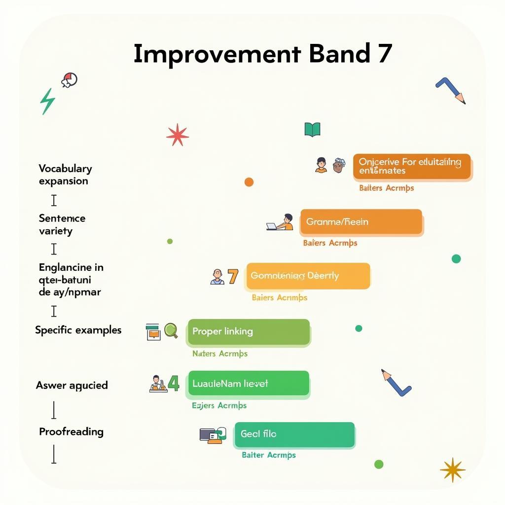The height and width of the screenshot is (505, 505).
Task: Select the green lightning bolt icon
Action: coord(47,102)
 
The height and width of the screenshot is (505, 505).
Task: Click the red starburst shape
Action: coord(178,135)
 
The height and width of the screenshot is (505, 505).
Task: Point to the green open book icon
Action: coord(312,130)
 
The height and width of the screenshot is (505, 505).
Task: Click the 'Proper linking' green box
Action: coord(249,332)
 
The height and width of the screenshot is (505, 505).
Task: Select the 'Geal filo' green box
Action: coord(294,434)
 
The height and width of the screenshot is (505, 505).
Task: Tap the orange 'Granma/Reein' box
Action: coord(361,222)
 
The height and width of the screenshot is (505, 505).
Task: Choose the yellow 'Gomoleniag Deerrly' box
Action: coord(308,276)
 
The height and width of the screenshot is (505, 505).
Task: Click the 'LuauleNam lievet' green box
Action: coord(249,384)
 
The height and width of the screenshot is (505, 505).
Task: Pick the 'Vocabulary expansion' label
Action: coord(65,175)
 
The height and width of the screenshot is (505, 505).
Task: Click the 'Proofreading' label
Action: coord(71,432)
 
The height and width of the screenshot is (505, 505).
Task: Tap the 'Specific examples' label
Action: coord(78,330)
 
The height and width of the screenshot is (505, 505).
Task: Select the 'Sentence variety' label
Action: coord(62,224)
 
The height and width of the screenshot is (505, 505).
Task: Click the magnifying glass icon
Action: coord(171,330)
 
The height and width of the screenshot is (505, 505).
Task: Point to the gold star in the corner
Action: coord(452,469)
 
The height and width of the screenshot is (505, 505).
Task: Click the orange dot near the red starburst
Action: coord(249,182)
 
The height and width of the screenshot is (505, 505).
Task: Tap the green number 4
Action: coord(173,383)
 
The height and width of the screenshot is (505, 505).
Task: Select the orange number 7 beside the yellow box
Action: coord(233,276)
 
